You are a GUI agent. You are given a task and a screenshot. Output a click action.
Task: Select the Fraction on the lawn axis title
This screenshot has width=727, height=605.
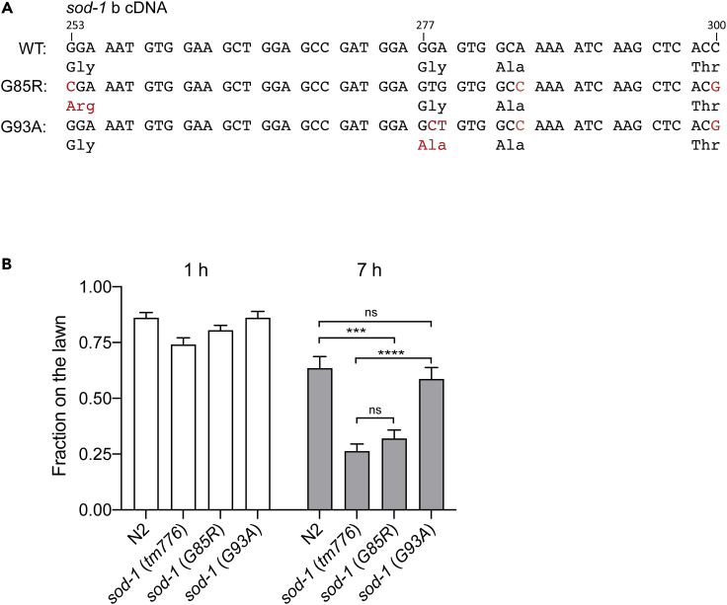point(61,399)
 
